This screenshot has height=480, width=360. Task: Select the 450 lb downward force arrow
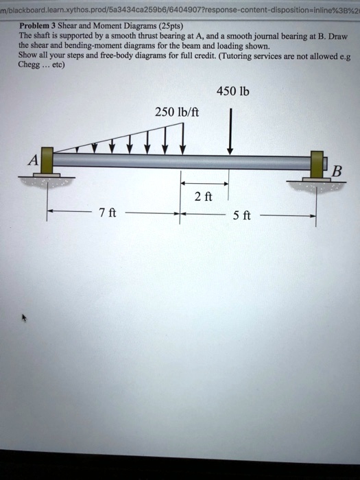(x=230, y=133)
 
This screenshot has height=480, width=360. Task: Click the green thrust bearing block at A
(x=47, y=161)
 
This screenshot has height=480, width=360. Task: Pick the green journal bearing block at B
(x=316, y=163)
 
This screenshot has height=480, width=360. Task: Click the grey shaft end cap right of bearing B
(x=326, y=163)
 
